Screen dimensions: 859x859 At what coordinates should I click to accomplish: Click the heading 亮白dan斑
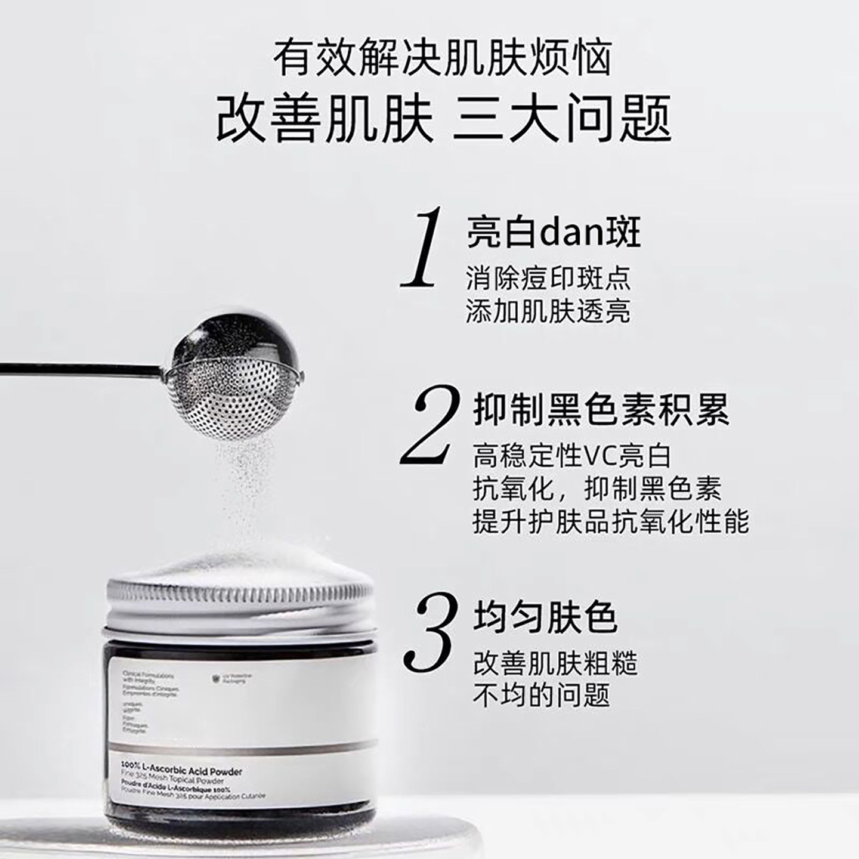coord(554,232)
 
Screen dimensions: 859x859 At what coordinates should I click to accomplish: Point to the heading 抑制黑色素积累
coord(601,410)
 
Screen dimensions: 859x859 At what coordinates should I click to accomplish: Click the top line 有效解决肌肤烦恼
coord(443,58)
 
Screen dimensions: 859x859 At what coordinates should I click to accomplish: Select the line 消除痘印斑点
coord(548,278)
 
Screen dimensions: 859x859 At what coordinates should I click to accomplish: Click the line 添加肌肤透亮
coord(548,311)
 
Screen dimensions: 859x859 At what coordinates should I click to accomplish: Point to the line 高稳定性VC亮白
coord(573,456)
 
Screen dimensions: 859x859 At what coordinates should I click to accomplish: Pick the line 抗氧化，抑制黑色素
coord(597,489)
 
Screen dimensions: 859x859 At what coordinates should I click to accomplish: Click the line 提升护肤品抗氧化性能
coord(611,522)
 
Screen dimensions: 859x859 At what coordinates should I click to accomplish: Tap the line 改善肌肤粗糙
coord(555,663)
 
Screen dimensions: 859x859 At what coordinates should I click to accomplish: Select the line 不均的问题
coord(541,696)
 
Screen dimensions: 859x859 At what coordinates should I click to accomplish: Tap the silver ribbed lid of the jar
coord(239,600)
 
